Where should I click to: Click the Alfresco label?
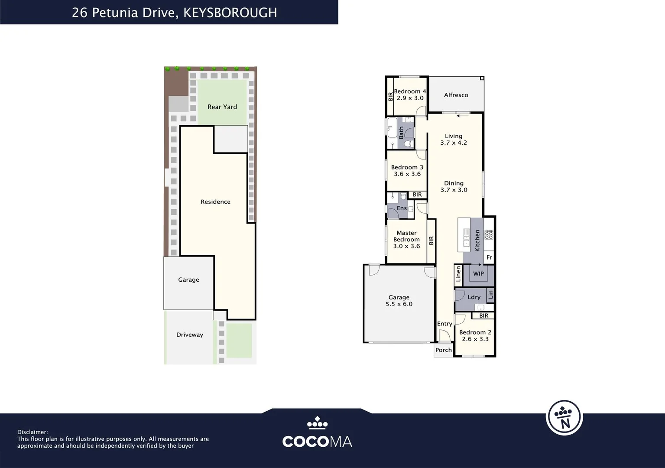point(456,95)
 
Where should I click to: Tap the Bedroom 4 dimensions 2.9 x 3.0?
point(410,98)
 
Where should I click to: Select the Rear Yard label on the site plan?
point(222,107)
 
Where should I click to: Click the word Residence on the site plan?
point(216,201)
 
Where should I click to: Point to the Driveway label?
point(190,335)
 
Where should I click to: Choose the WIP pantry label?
point(478,273)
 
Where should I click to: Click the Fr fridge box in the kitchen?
point(489,257)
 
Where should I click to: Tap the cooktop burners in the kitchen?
point(489,234)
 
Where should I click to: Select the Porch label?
point(444,350)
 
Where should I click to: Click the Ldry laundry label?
point(474,297)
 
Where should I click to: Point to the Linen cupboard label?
point(458,273)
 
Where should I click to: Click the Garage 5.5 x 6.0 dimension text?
point(399,304)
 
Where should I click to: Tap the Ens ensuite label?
point(402,208)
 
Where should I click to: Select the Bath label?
point(401,133)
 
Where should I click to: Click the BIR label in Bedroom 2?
point(483,315)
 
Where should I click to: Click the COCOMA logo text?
point(317,442)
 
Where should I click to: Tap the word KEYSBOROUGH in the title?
point(230,13)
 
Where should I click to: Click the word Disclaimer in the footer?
point(32,432)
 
